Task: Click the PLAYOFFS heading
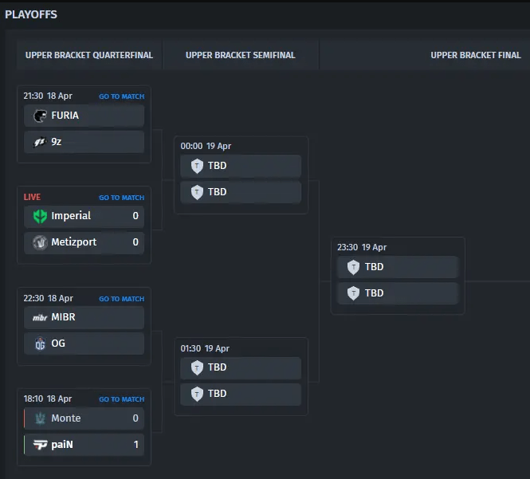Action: [31, 14]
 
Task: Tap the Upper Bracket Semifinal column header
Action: [240, 55]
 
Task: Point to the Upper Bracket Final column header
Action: [475, 55]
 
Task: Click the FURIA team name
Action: [65, 116]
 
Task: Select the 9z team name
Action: [57, 142]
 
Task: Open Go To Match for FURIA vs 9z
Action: [121, 96]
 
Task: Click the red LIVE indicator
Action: [32, 197]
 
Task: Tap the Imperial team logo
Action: [40, 216]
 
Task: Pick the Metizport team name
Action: [74, 242]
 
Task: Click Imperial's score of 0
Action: [135, 216]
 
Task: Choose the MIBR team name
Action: [63, 317]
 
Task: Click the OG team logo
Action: [40, 344]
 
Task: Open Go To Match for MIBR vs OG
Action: [121, 299]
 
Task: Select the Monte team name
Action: [65, 418]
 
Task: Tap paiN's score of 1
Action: [135, 445]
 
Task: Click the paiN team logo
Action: [40, 445]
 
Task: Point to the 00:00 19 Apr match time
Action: [205, 147]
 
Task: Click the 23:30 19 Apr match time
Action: [362, 247]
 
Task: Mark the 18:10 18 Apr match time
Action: [47, 399]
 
